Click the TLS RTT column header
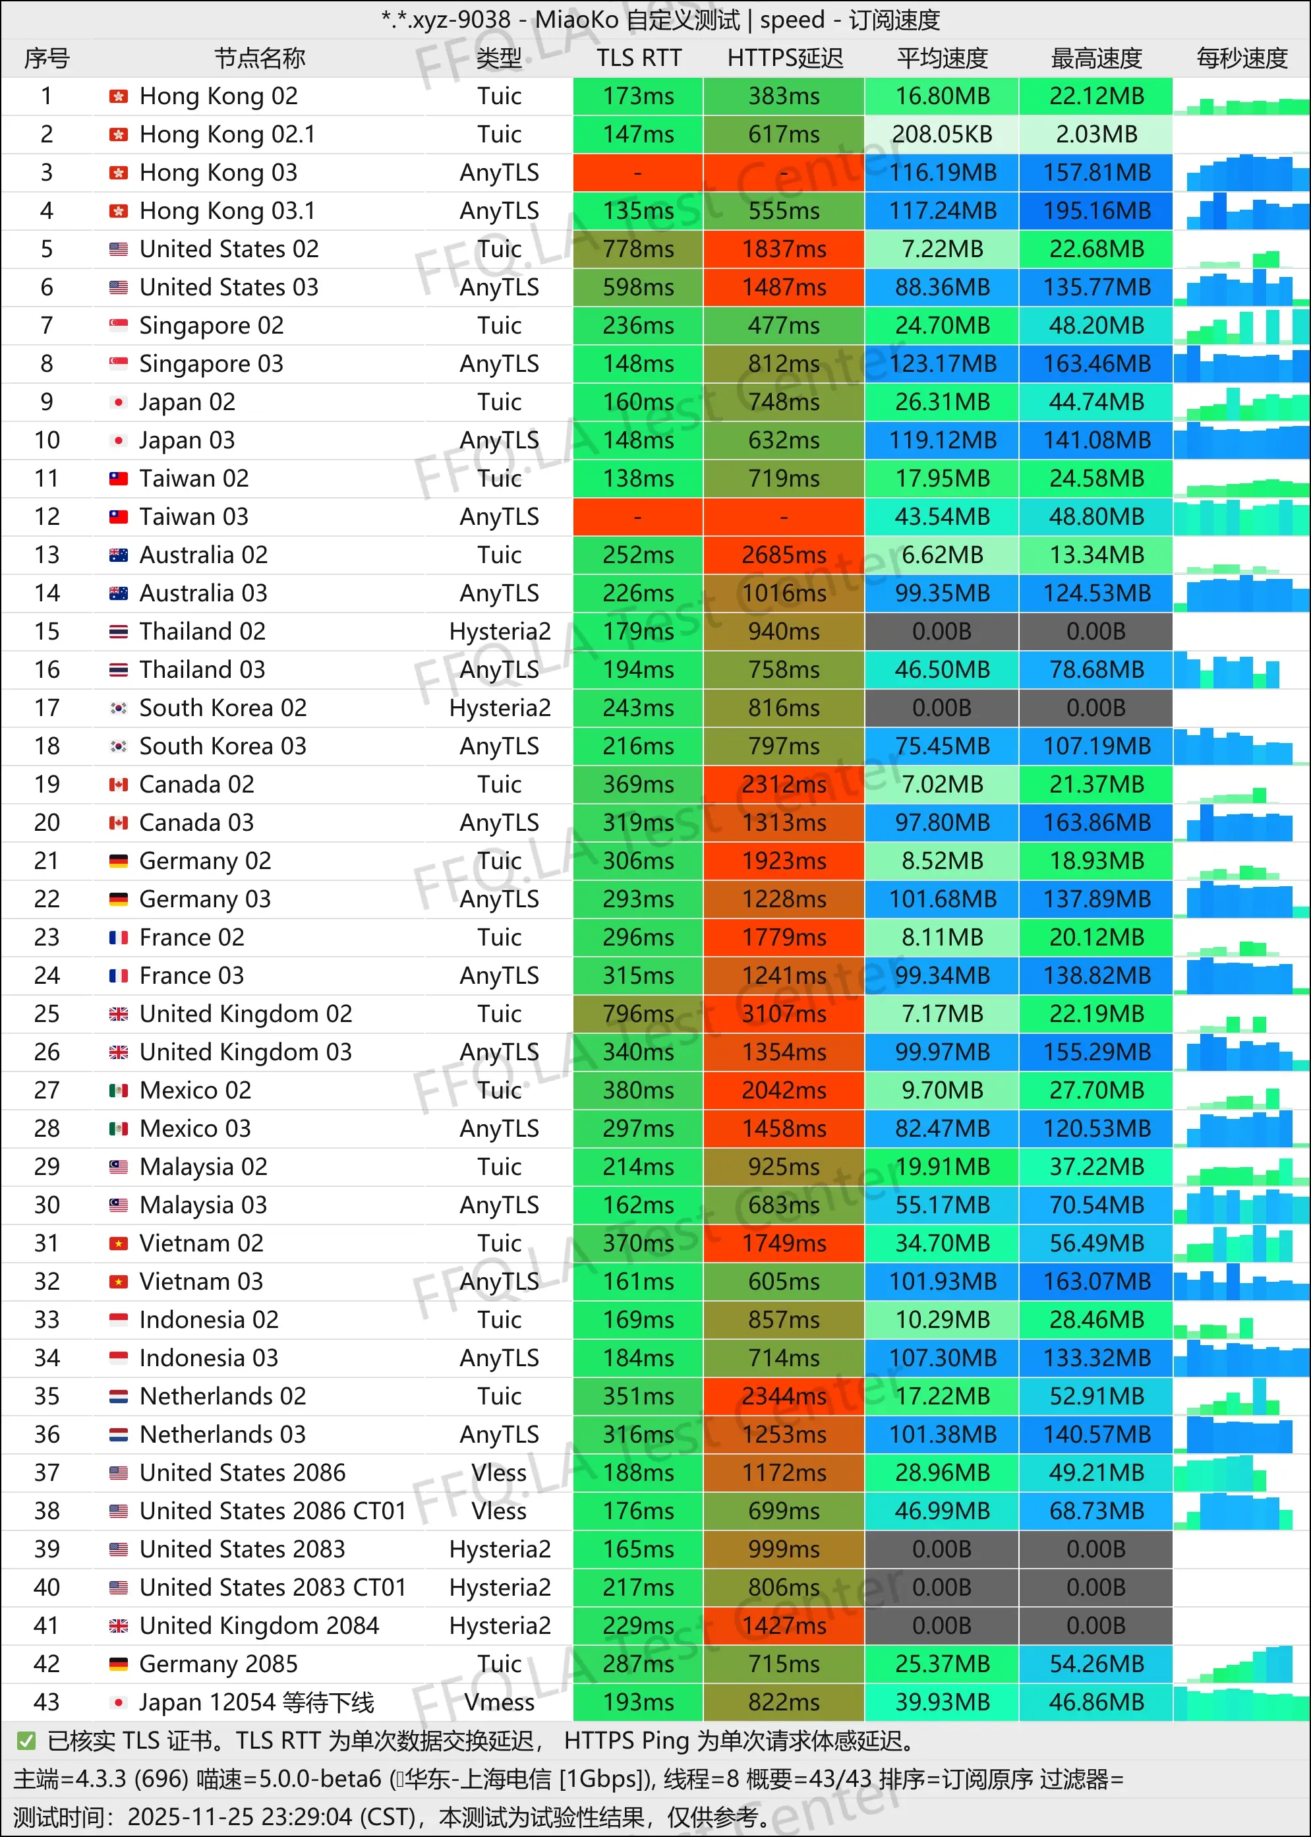pos(639,58)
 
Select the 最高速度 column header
pos(1095,58)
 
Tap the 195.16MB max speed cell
pos(1095,211)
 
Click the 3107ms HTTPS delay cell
pos(784,1014)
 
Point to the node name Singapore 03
pos(211,364)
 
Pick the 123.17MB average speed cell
pos(942,364)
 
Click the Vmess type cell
pos(499,1702)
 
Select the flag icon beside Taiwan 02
pos(119,479)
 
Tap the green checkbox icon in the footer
pos(26,1741)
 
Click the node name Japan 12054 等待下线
pos(256,1702)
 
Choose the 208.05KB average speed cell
pos(942,134)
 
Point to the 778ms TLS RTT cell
pos(638,249)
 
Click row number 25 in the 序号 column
pos(47,1014)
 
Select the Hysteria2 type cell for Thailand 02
pos(499,632)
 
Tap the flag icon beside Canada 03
pos(119,823)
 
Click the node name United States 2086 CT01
pos(272,1511)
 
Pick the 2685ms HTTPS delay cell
pos(784,555)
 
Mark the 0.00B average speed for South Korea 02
pos(942,708)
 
